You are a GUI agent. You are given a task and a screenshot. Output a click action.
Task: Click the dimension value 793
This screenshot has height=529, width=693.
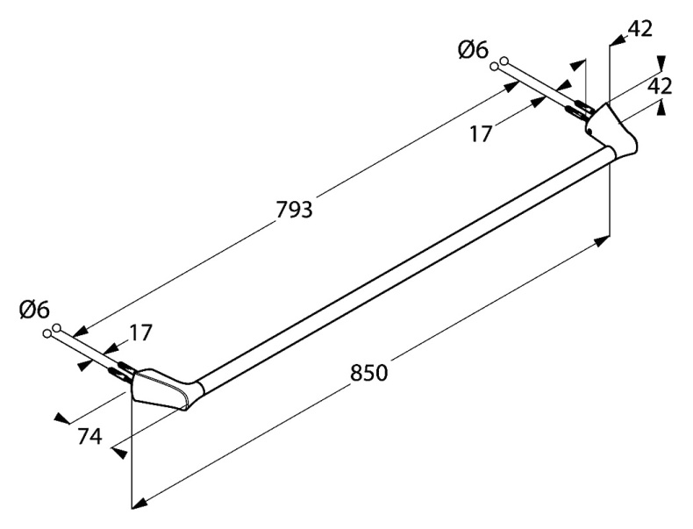point(295,210)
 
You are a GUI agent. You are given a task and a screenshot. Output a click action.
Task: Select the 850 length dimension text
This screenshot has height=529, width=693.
point(369,373)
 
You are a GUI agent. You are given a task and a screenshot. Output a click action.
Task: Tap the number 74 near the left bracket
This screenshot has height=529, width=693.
point(89,437)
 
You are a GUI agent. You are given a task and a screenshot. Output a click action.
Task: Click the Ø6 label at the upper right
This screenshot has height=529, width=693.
point(474,51)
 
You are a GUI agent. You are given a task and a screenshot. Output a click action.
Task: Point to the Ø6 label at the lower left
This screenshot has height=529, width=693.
point(34,310)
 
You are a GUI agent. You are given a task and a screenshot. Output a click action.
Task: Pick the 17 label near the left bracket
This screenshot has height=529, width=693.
point(141,332)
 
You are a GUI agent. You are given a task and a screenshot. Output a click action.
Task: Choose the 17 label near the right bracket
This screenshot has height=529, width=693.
point(481,133)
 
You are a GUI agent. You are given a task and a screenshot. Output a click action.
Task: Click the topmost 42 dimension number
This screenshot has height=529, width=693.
point(640,29)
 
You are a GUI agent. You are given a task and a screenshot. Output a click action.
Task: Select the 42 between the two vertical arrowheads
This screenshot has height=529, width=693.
point(660,86)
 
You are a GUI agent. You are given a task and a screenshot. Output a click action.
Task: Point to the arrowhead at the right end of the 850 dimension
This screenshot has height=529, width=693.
point(602,242)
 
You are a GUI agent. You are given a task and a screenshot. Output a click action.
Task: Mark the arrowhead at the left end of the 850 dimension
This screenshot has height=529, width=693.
point(140,503)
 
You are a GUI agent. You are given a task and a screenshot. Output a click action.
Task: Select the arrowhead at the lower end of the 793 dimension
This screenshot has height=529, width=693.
point(80,332)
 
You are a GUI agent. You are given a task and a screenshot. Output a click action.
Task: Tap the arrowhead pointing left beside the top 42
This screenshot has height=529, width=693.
point(618,40)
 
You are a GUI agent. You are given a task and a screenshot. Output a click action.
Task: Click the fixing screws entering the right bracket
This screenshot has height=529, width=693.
point(580,111)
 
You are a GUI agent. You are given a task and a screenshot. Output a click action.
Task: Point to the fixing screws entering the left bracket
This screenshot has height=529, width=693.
point(121,370)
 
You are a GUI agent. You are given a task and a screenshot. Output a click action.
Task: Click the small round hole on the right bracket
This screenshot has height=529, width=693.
point(590,131)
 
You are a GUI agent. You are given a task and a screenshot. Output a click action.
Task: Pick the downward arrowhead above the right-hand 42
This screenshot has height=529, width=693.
point(661,63)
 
